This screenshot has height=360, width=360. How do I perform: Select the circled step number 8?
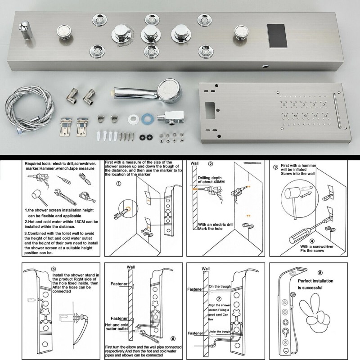[x=320, y=272]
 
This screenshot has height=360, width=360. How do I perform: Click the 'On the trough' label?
[x=219, y=286]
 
